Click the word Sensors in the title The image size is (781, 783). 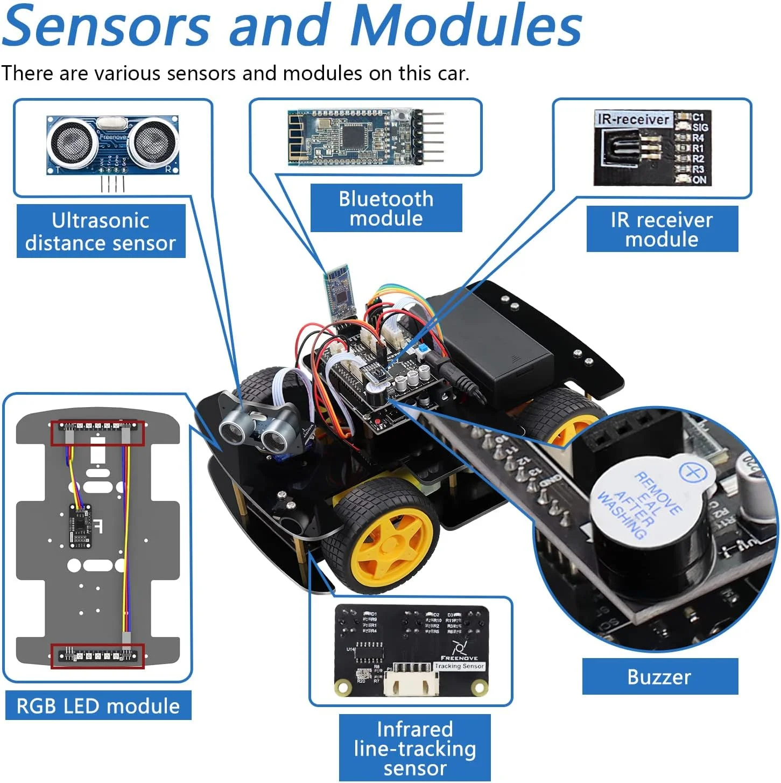click(107, 26)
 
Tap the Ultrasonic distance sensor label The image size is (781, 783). click(101, 232)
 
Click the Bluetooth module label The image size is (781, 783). click(386, 208)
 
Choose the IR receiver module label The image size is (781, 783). click(662, 229)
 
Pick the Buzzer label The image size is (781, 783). click(659, 677)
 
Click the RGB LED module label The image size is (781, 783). click(98, 705)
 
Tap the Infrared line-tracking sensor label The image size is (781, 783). click(414, 748)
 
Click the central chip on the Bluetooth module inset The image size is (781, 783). click(354, 137)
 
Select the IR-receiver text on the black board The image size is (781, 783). click(634, 119)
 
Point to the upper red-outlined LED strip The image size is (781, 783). click(97, 433)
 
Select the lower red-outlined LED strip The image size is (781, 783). click(97, 656)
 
